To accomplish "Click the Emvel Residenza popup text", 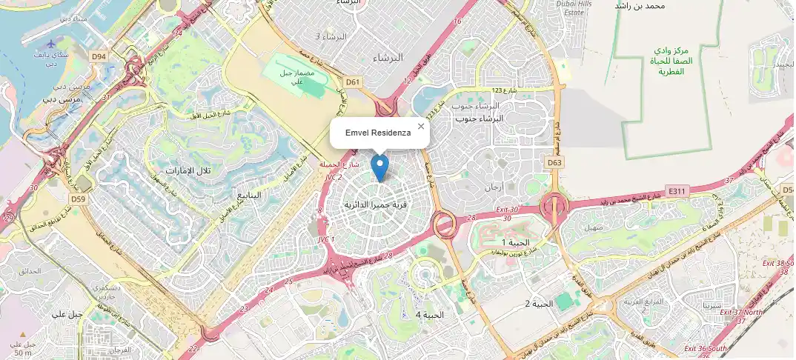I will [x=378, y=132].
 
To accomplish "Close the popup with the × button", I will [x=421, y=126].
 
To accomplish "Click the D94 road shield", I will [x=99, y=56].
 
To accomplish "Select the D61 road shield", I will [x=353, y=82].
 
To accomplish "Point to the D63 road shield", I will [x=554, y=162].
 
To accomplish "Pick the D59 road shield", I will [x=79, y=199].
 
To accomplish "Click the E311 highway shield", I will [x=677, y=190].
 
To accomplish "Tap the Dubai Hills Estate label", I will [x=580, y=8].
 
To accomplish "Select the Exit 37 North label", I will [x=742, y=312].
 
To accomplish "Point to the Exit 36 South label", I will [x=706, y=348].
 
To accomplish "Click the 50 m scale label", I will [x=23, y=353].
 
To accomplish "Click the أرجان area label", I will [x=493, y=187].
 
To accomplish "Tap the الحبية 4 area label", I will [x=429, y=315].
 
